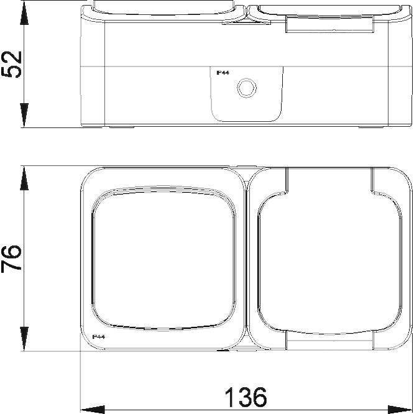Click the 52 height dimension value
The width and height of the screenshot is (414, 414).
point(13,64)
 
